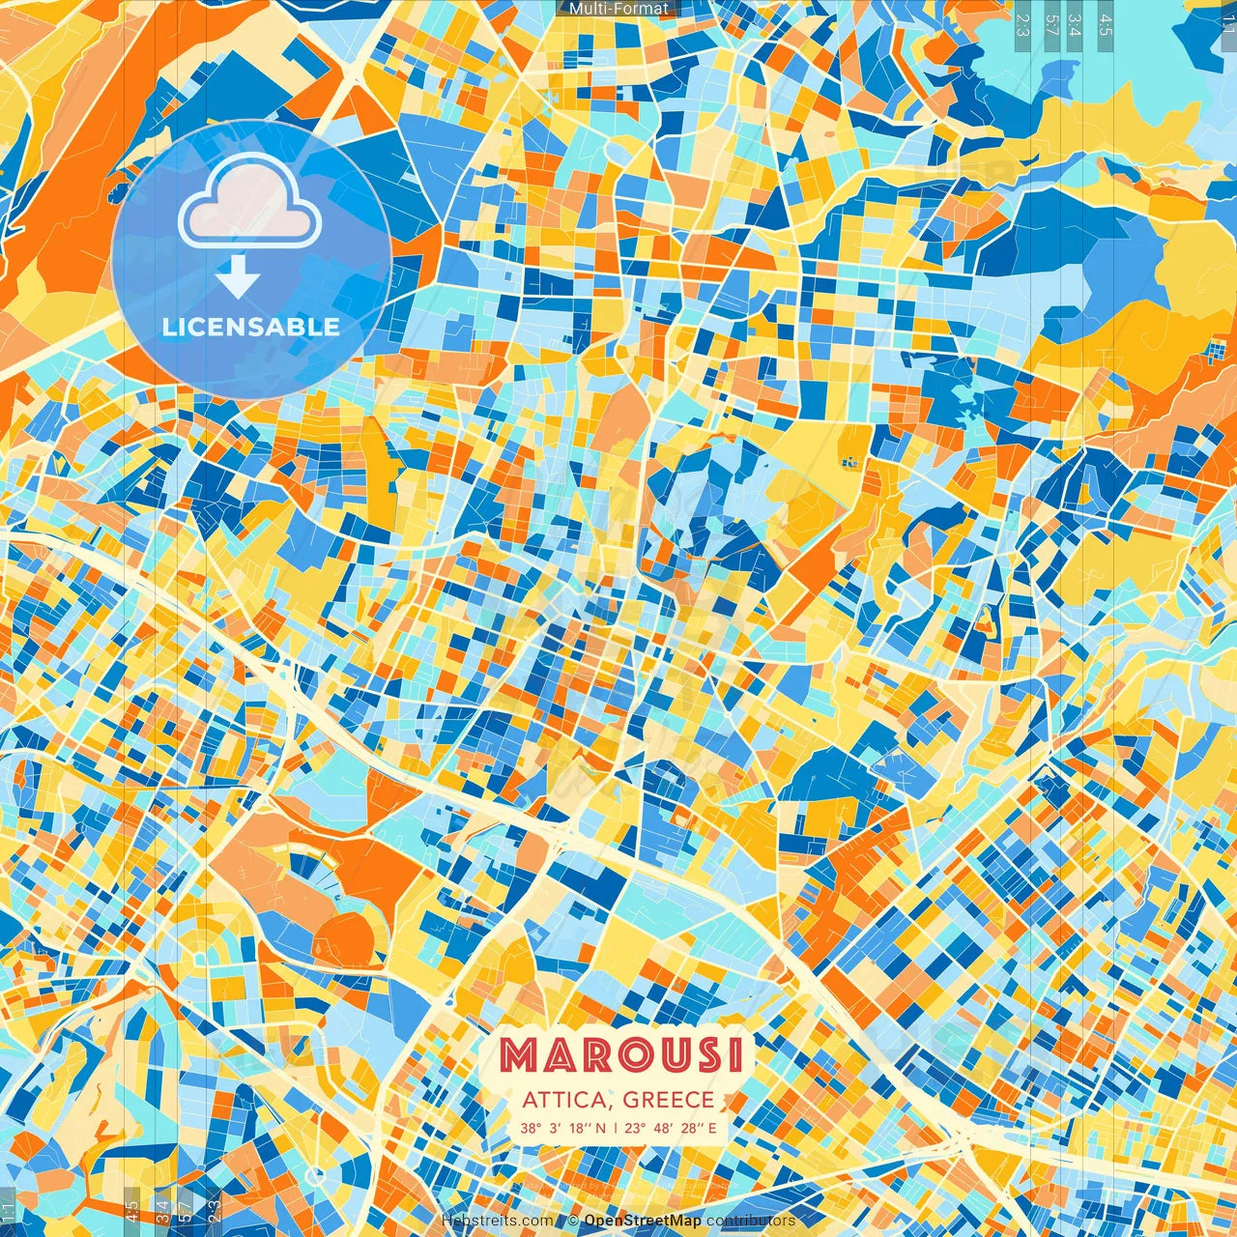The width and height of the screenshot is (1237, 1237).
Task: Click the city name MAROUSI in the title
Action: (x=621, y=1055)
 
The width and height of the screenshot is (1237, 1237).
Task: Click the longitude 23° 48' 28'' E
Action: (x=671, y=1127)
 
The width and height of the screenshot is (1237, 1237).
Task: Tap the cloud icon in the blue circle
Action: (x=249, y=202)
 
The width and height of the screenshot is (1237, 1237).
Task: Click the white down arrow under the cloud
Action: (x=238, y=277)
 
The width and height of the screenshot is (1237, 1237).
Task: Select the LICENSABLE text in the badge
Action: (x=251, y=327)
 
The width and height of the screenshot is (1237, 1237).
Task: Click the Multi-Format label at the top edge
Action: (x=618, y=9)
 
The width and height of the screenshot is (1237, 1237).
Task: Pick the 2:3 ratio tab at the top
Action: (x=1022, y=23)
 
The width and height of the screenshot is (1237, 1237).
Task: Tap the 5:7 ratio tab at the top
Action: (x=1052, y=23)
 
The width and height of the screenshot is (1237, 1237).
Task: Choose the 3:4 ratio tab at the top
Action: (x=1075, y=23)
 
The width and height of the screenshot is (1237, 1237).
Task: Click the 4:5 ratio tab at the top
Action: (x=1106, y=23)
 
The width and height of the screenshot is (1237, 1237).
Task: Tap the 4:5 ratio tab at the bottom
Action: (x=131, y=1212)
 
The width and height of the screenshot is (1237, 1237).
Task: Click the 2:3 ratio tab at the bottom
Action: (x=215, y=1212)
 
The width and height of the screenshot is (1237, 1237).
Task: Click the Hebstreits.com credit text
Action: (x=497, y=1221)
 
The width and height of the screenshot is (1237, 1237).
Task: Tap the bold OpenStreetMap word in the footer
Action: (x=643, y=1221)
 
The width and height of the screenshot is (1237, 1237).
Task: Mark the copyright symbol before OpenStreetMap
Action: (x=573, y=1221)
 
